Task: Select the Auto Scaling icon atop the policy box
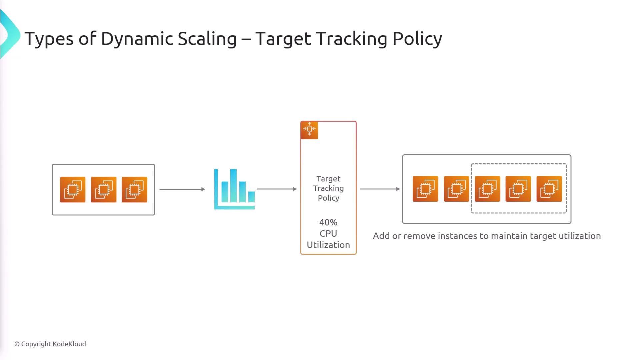coord(309,130)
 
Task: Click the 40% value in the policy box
coord(328,222)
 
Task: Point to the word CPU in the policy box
coord(328,234)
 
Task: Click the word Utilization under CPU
coord(328,245)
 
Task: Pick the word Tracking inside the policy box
coord(328,188)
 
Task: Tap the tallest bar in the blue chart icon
coord(233,186)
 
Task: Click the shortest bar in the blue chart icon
coord(251,197)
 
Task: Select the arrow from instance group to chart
coord(182,189)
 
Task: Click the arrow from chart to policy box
coord(277,189)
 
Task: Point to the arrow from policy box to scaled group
coord(380,189)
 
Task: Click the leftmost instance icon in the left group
coord(73,190)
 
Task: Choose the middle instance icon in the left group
coord(104,190)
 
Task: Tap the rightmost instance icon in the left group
coord(134,190)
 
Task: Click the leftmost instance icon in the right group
coord(425,189)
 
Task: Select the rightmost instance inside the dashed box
coord(549,189)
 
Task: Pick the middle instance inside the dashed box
coord(518,189)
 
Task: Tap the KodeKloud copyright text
coord(50,344)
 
